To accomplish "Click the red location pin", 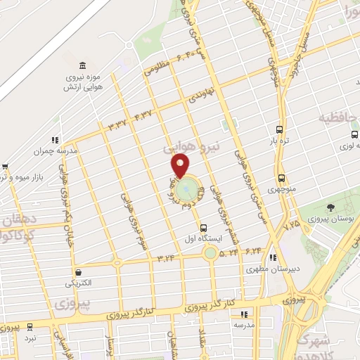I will point(180,166).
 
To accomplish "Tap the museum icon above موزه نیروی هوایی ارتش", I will point(83,65).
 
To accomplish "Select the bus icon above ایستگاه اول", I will point(203,228).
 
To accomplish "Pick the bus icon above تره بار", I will point(280,130).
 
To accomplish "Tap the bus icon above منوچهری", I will point(282,179).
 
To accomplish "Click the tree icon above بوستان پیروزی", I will point(330,207).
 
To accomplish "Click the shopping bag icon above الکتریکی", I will point(77,271).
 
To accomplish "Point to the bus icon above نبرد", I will point(30,327).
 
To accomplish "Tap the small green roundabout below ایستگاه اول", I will point(210,253).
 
